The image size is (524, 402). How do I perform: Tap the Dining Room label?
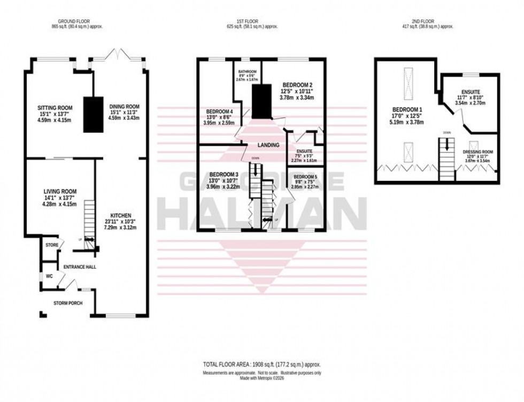click(124, 106)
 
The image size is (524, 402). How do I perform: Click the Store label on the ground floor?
click(52, 245)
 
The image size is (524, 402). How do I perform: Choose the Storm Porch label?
click(67, 303)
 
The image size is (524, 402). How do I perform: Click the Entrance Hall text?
click(80, 266)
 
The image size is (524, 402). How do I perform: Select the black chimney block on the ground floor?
click(93, 113)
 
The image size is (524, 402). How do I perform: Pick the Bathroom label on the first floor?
click(247, 72)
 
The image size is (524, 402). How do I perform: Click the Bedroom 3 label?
click(224, 175)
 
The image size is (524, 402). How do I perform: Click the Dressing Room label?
click(478, 152)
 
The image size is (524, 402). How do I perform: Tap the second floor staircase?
click(445, 152)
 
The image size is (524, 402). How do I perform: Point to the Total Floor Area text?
click(261, 364)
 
